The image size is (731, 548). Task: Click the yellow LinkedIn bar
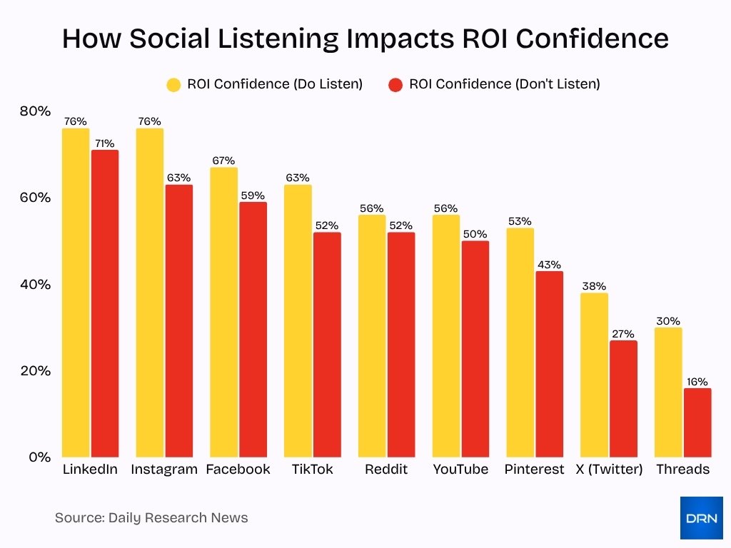[x=76, y=293]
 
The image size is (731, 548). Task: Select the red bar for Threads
[x=697, y=422]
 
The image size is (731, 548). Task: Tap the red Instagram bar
[x=178, y=321]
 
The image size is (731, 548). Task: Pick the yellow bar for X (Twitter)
[x=594, y=375]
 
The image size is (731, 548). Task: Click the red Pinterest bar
[x=550, y=364]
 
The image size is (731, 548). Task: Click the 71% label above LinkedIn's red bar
[x=104, y=143]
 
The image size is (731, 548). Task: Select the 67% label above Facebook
[x=223, y=161]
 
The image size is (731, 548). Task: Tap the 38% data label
[x=594, y=286]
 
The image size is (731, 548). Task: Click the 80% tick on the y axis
[x=35, y=111]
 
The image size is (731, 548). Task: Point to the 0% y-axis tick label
[x=39, y=457]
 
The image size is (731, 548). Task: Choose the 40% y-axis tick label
[x=35, y=284]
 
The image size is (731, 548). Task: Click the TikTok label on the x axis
[x=312, y=470]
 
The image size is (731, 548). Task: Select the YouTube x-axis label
[x=460, y=470]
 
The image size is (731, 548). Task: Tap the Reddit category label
[x=386, y=470]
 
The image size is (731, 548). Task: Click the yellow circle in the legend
[x=173, y=84]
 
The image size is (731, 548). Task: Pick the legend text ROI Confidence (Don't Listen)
[x=504, y=84]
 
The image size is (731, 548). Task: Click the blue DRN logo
[x=701, y=517]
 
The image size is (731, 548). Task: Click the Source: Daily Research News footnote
[x=151, y=518]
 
